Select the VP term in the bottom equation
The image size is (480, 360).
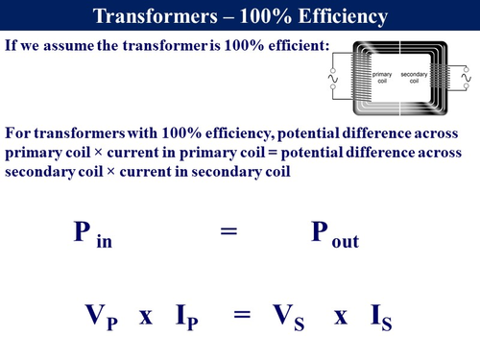93,316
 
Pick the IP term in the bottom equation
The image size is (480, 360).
192,316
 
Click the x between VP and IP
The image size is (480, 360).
146,316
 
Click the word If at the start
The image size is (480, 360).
12,44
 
